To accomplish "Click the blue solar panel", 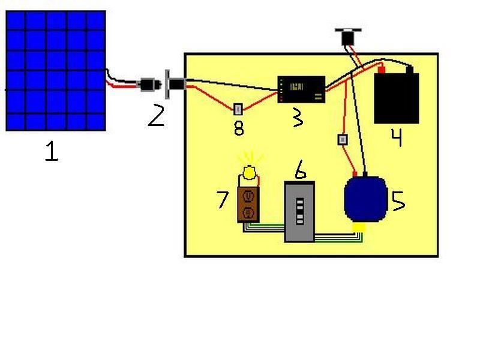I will pyautogui.click(x=56, y=71).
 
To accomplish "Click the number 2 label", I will pyautogui.click(x=155, y=115).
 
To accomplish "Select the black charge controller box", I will pyautogui.click(x=301, y=89).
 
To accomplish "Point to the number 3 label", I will pyautogui.click(x=296, y=118).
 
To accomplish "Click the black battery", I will pyautogui.click(x=397, y=98).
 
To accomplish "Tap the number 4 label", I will pyautogui.click(x=396, y=137).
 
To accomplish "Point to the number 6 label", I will pyautogui.click(x=301, y=170).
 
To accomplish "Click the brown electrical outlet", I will pyautogui.click(x=248, y=204).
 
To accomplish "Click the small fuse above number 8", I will pyautogui.click(x=238, y=109).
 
